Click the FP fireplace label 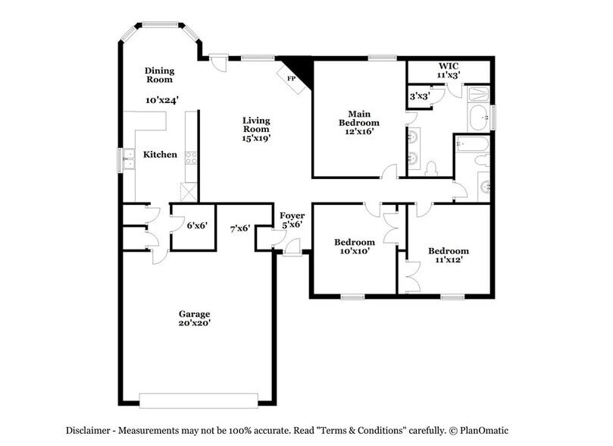290,78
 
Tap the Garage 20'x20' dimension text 194,323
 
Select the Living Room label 256,124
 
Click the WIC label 449,65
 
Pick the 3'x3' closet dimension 419,96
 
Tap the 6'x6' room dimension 196,225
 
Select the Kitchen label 160,155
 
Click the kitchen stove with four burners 192,159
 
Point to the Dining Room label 159,74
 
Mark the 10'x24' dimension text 162,99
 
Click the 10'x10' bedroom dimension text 354,251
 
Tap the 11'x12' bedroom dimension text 448,260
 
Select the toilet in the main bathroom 431,168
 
